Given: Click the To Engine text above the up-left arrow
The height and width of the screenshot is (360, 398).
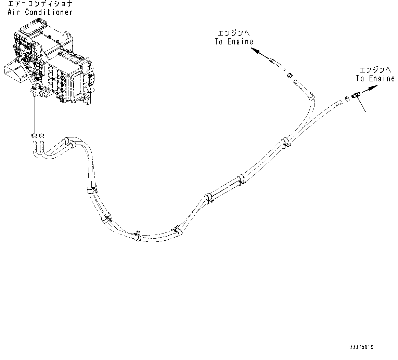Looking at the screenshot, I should pyautogui.click(x=234, y=41).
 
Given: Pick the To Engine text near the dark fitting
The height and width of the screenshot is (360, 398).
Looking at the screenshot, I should pyautogui.click(x=375, y=78).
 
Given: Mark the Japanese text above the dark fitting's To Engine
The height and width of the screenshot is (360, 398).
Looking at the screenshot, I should pyautogui.click(x=375, y=70).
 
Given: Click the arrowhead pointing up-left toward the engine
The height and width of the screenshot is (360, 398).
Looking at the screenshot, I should pyautogui.click(x=255, y=50).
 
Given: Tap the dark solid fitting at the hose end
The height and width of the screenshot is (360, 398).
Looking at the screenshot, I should pyautogui.click(x=356, y=95).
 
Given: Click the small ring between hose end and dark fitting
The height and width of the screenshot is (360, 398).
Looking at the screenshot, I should pyautogui.click(x=347, y=98).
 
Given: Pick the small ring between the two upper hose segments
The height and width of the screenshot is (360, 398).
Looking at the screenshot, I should pyautogui.click(x=289, y=75).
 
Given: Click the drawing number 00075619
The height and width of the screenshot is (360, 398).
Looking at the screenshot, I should pyautogui.click(x=361, y=347).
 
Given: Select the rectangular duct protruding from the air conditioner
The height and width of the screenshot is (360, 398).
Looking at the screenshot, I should pyautogui.click(x=14, y=71).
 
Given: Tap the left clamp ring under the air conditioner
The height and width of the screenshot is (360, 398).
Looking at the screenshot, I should pyautogui.click(x=35, y=134).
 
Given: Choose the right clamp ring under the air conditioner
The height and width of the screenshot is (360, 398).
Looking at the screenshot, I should pyautogui.click(x=42, y=134).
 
